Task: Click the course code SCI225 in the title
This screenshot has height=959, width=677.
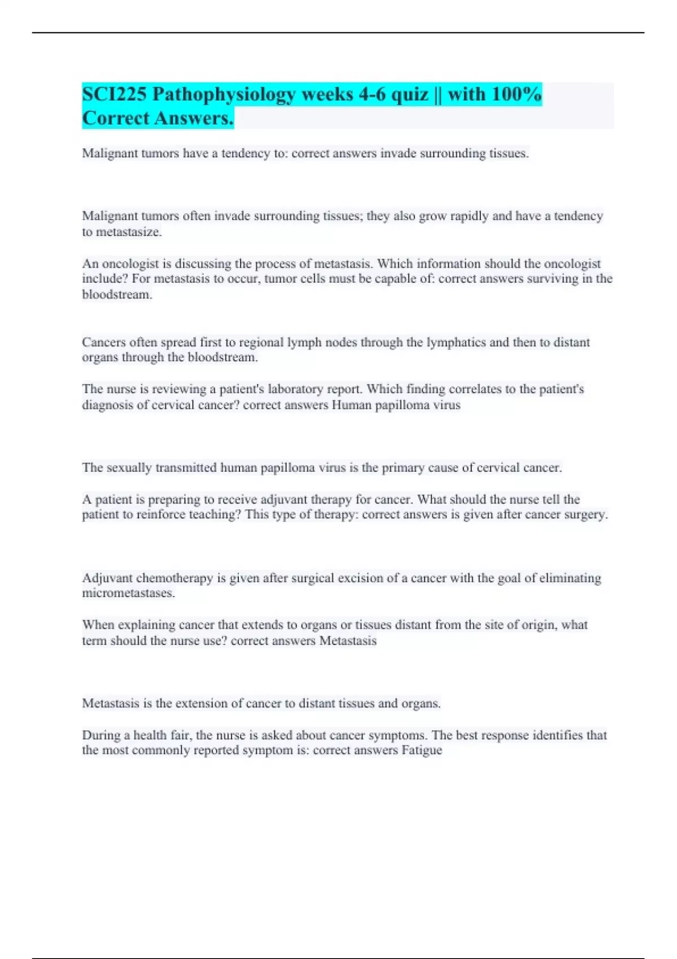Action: [x=114, y=94]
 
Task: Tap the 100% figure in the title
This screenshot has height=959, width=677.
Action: [x=516, y=94]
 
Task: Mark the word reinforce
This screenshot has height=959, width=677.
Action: [x=162, y=514]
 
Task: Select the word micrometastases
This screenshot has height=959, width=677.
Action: [x=128, y=593]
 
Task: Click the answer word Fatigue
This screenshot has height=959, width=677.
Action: [x=421, y=750]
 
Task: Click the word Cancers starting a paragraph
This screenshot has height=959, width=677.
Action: [x=104, y=342]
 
